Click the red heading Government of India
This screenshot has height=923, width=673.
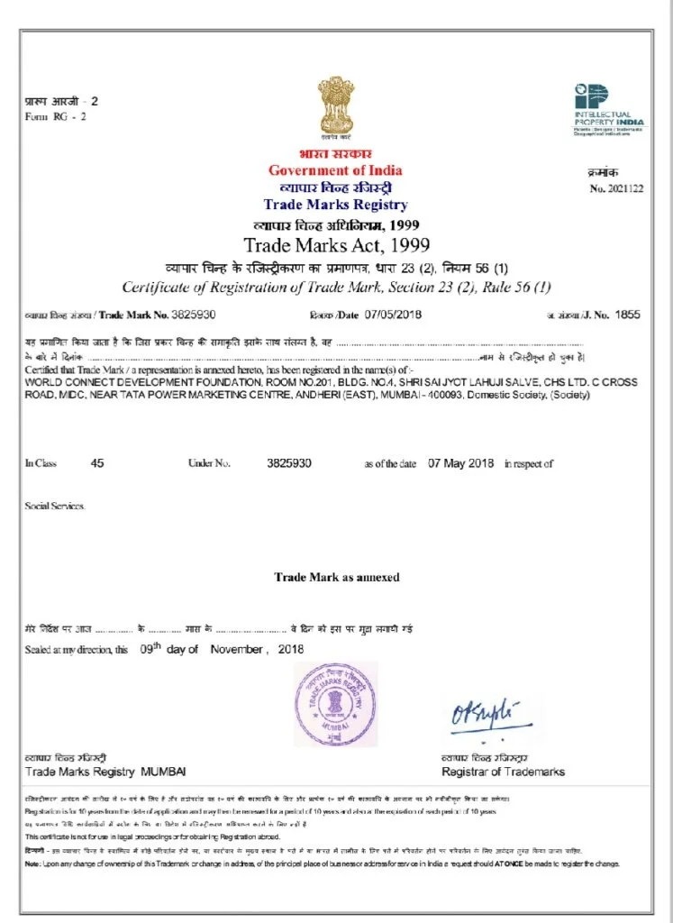(335, 170)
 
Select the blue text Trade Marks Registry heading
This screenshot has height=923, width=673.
(335, 205)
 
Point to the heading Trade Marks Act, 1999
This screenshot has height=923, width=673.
(336, 244)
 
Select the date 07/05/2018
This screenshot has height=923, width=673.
(395, 315)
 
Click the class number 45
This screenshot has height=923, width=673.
(98, 463)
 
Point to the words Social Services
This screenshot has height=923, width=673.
(55, 506)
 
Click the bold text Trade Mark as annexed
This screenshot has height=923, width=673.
(336, 577)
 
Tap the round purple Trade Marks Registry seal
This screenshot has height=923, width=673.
(336, 704)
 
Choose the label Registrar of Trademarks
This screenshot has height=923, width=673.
(503, 772)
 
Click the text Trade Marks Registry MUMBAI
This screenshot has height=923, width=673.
(105, 772)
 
